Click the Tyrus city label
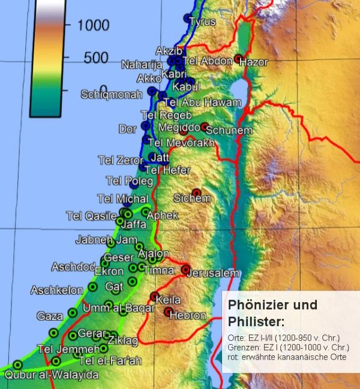[202, 22]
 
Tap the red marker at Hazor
[238, 59]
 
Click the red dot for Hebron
[169, 312]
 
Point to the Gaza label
[49, 316]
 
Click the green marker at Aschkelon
[92, 287]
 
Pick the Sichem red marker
[196, 192]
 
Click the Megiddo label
[179, 128]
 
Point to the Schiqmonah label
[112, 95]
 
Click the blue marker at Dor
[145, 126]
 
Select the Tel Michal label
[122, 198]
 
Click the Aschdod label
[73, 267]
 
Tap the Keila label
[168, 300]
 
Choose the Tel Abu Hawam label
[197, 102]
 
